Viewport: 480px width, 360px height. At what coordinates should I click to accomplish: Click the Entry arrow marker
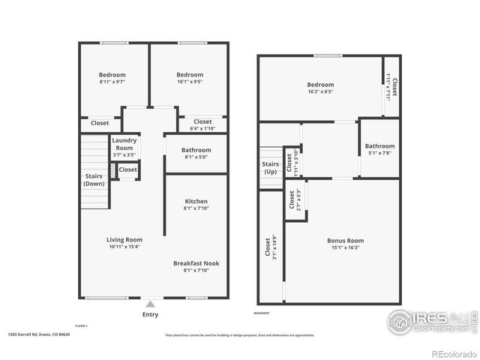click(151, 304)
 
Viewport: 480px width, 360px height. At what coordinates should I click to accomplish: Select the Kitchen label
click(196, 201)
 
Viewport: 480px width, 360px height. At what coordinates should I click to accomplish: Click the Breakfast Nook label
click(196, 263)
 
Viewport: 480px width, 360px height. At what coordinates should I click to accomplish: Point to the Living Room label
click(124, 239)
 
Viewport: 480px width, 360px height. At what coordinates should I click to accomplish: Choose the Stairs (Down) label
click(94, 179)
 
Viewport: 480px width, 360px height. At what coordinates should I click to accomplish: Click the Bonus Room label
click(345, 241)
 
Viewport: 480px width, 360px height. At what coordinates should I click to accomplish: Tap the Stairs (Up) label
click(270, 166)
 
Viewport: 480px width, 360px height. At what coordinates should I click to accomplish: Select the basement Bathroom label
click(379, 145)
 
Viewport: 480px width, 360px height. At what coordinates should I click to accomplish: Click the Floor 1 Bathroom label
click(196, 150)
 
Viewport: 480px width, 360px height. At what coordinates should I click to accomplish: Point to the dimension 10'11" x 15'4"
click(124, 247)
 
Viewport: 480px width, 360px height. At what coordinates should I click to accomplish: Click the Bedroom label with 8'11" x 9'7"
click(112, 75)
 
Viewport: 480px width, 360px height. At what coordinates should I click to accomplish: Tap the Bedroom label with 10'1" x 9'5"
click(190, 75)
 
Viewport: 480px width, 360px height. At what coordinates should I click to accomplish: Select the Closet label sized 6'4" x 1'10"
click(202, 121)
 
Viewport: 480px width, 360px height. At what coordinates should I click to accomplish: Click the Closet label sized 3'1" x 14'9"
click(267, 247)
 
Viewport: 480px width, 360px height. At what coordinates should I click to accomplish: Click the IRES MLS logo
click(431, 321)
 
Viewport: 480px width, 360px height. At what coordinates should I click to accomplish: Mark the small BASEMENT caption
click(261, 313)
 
